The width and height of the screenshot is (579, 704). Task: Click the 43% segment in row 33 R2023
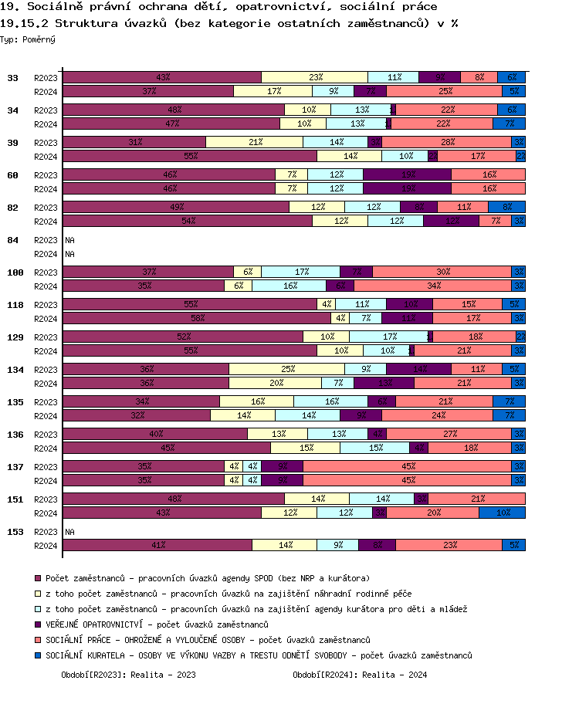(162, 77)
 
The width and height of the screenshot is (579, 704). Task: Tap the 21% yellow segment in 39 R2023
(254, 142)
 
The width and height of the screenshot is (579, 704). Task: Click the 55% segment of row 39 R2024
(190, 156)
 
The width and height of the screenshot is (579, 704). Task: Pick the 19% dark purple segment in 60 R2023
(407, 174)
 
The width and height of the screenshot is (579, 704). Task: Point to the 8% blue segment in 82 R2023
(506, 207)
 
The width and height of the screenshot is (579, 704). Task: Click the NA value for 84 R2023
(69, 240)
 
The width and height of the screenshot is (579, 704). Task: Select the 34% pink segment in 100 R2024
(432, 286)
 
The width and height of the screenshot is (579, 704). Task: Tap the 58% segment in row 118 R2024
(197, 318)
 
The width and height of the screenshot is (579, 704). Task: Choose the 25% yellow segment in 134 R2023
(286, 369)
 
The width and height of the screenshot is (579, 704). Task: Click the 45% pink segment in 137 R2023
(407, 466)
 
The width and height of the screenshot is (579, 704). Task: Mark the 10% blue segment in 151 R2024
(502, 513)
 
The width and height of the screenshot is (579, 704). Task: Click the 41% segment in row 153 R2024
(157, 545)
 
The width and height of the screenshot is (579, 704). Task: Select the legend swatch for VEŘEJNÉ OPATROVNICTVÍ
(37, 624)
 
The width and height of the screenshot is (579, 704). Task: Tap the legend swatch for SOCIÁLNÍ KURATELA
(37, 655)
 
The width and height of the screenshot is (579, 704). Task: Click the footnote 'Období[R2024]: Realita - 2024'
(360, 675)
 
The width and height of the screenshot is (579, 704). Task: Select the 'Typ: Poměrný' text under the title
(28, 39)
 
